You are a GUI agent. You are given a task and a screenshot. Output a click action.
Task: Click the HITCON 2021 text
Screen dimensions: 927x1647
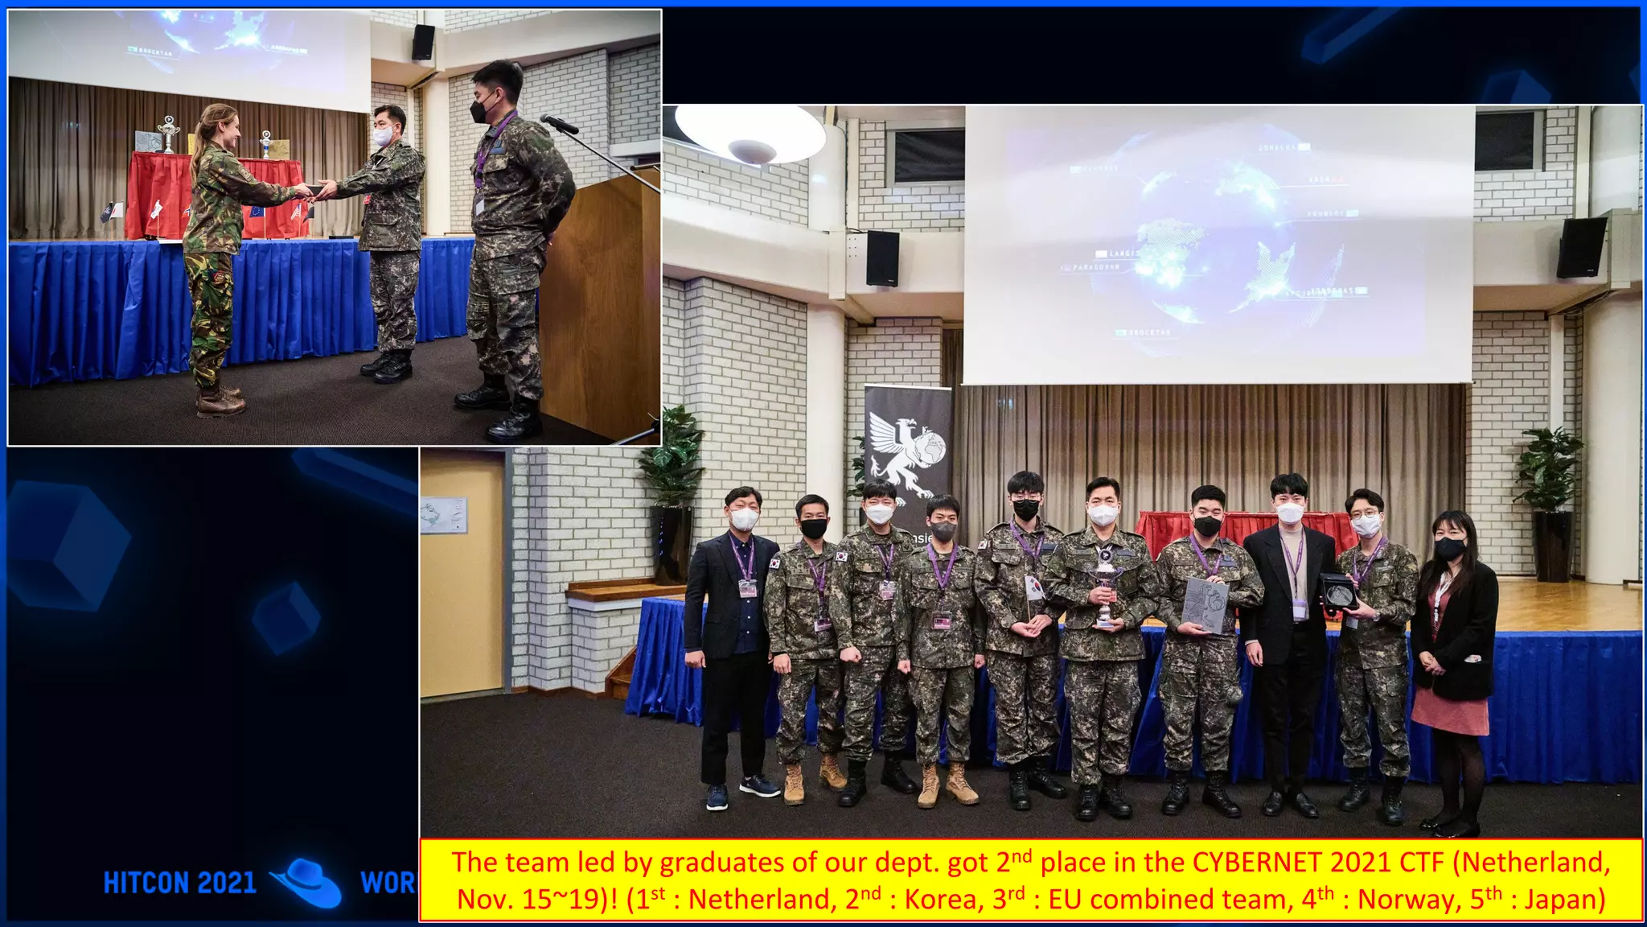tap(179, 883)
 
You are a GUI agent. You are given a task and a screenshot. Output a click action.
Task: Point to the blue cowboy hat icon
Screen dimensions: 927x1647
tap(308, 882)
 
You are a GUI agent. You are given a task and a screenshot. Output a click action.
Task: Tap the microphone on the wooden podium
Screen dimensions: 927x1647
tap(559, 124)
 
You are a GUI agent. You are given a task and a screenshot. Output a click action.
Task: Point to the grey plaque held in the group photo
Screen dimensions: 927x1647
tap(1204, 605)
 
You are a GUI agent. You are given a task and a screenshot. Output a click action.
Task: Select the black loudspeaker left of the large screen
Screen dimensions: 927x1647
tap(882, 258)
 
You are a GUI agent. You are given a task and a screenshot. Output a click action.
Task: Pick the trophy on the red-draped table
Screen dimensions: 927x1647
tap(167, 134)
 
